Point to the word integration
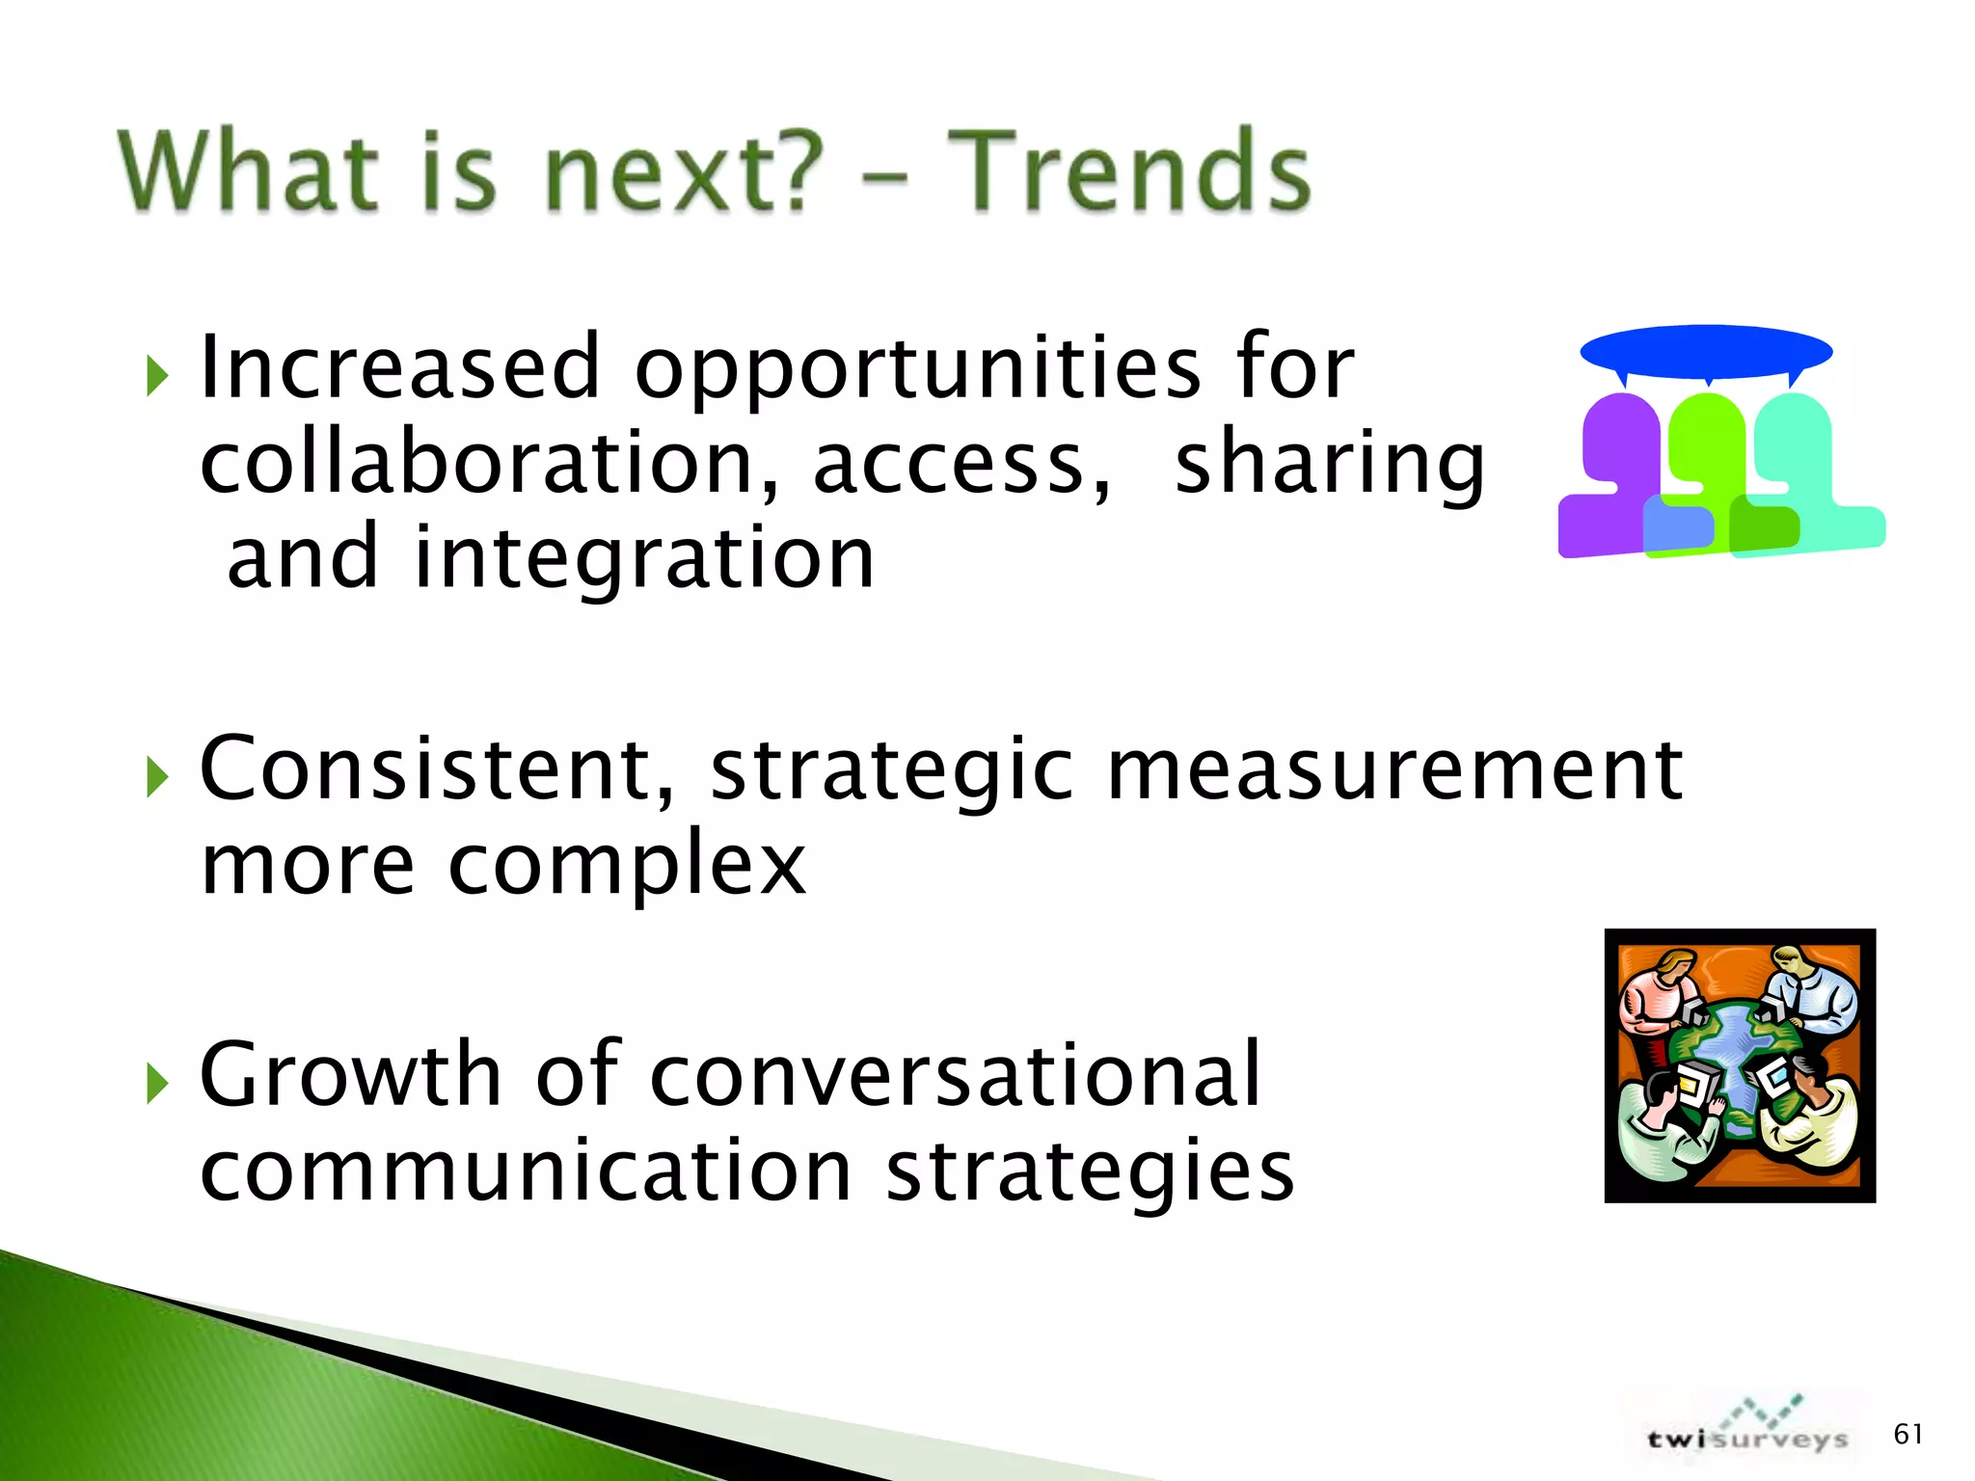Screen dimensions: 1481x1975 pyautogui.click(x=644, y=559)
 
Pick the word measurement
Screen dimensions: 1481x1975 pyautogui.click(x=1394, y=770)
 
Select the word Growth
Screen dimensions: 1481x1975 pyautogui.click(x=350, y=1074)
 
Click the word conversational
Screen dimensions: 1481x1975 pyautogui.click(x=955, y=1074)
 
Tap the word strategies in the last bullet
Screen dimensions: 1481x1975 pyautogui.click(x=1090, y=1171)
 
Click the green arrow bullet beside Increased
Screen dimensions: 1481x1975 pyautogui.click(x=157, y=376)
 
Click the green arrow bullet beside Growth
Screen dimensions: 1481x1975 pyautogui.click(x=157, y=1084)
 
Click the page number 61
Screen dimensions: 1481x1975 pyautogui.click(x=1907, y=1435)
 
